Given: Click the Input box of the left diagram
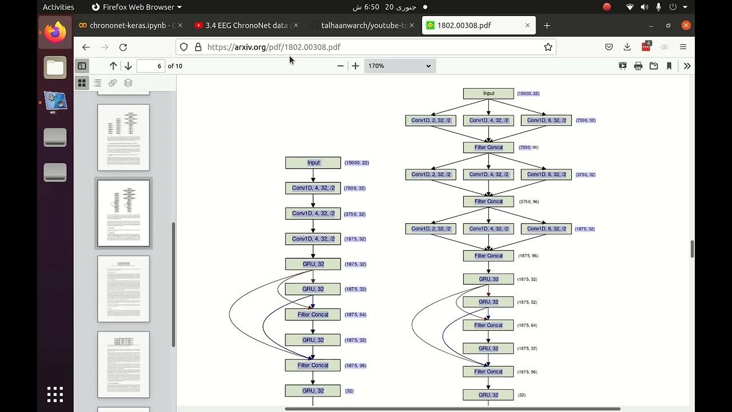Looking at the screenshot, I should click(313, 163).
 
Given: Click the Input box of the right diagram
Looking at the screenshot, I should click(488, 93).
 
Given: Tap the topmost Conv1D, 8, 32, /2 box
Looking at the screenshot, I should click(546, 120).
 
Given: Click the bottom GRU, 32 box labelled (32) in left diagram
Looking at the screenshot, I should click(313, 390).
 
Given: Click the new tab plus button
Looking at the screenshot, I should click(547, 25).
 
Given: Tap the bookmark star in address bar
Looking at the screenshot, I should click(548, 47).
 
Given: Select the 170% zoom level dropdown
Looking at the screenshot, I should click(399, 66).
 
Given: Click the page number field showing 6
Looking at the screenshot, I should click(151, 66).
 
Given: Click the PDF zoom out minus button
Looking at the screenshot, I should click(340, 66).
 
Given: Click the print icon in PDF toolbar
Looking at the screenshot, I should click(638, 66).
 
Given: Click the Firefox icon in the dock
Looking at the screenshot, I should click(55, 32).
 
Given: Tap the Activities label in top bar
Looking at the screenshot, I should click(58, 7).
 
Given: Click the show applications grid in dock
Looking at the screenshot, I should click(55, 394).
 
